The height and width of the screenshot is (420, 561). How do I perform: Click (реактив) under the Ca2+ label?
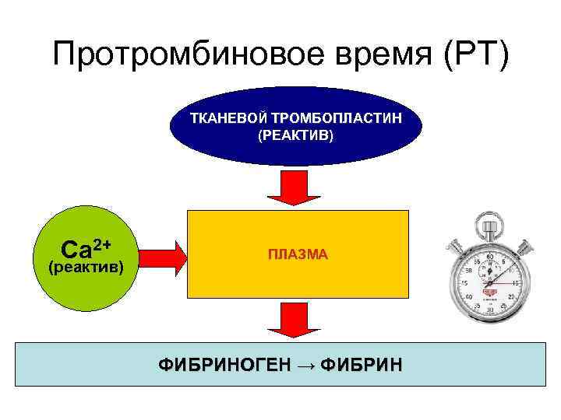(x=85, y=268)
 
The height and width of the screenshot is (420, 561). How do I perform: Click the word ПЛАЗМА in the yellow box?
(x=298, y=254)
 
